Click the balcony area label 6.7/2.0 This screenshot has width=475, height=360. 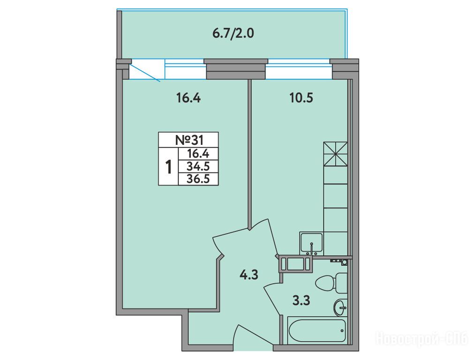point(233,33)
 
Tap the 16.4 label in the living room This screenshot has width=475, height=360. point(188,98)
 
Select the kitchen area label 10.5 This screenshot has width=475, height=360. point(301,98)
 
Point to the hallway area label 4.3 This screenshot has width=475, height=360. point(249,275)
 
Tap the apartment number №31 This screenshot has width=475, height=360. point(189,140)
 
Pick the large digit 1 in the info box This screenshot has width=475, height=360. point(168,167)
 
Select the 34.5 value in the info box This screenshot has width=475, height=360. point(198,166)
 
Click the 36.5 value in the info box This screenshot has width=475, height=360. point(198,179)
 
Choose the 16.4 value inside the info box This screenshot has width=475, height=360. point(198,154)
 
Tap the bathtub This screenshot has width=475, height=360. point(317,330)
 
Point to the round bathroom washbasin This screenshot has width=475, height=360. point(340,308)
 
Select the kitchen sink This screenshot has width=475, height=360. point(311,243)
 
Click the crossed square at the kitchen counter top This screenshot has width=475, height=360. point(335,154)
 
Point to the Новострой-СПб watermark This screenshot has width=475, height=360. point(422,338)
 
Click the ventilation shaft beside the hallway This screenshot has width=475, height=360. point(296,263)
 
